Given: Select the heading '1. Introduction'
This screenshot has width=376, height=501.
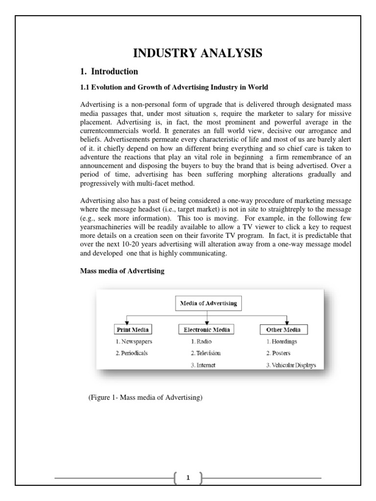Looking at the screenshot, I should (109, 71).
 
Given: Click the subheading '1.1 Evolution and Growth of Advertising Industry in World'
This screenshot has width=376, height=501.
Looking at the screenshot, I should (174, 88).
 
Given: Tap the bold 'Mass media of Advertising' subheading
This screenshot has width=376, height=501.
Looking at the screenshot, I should (122, 272).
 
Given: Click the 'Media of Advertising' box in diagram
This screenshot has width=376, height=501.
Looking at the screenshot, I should (208, 303).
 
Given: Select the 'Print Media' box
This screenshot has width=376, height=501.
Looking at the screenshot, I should (132, 329).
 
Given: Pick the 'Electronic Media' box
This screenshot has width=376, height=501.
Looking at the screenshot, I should (206, 329).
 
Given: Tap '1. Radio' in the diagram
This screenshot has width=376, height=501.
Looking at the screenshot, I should (201, 342).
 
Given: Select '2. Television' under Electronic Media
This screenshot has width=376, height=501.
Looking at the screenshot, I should (206, 353).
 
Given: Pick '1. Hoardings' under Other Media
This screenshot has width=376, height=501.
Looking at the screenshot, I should (282, 342).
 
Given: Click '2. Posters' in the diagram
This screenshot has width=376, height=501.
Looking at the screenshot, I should (278, 353).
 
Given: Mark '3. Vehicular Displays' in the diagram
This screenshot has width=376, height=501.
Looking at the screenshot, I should (291, 364).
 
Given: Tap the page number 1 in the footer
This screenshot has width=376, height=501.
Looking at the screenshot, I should (188, 478).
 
